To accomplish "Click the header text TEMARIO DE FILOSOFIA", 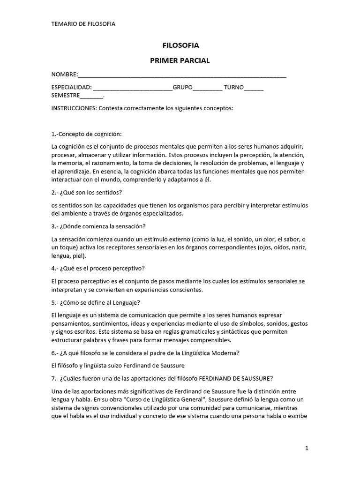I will click(x=83, y=24).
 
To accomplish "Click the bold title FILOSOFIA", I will click(x=180, y=45).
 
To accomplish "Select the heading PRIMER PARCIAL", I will click(x=180, y=60).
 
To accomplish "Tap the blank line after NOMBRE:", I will click(x=182, y=75).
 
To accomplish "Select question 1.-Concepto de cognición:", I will click(x=86, y=134).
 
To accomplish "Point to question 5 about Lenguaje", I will click(x=96, y=302).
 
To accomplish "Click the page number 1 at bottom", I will click(x=307, y=448).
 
